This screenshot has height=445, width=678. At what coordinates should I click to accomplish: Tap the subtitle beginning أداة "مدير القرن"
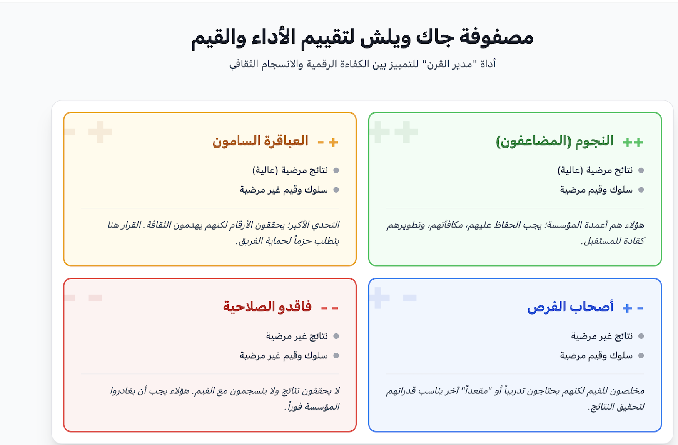(362, 64)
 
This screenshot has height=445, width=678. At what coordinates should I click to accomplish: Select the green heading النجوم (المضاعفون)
(555, 141)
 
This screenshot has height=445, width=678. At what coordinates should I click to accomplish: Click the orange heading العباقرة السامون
(260, 141)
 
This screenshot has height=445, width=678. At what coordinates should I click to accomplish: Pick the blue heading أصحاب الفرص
(571, 307)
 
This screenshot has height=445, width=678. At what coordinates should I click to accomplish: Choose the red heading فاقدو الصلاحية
(267, 307)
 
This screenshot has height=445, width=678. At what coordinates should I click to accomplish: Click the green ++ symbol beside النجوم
(633, 142)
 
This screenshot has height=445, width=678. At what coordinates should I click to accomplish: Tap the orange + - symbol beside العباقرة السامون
(328, 142)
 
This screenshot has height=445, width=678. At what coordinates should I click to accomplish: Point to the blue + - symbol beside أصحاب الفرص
(633, 308)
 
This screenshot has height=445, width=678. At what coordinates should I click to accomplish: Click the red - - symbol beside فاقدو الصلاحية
(329, 308)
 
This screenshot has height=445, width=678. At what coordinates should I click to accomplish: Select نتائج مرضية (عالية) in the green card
(595, 170)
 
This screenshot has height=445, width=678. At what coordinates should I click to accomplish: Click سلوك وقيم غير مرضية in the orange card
(284, 190)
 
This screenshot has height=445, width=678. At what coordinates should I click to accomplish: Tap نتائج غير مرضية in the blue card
(602, 336)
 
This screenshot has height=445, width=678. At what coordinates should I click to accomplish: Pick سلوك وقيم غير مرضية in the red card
(284, 356)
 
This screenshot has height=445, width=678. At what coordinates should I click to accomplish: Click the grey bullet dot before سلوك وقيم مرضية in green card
(641, 190)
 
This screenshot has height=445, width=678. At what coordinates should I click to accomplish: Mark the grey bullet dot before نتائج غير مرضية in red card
(336, 336)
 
